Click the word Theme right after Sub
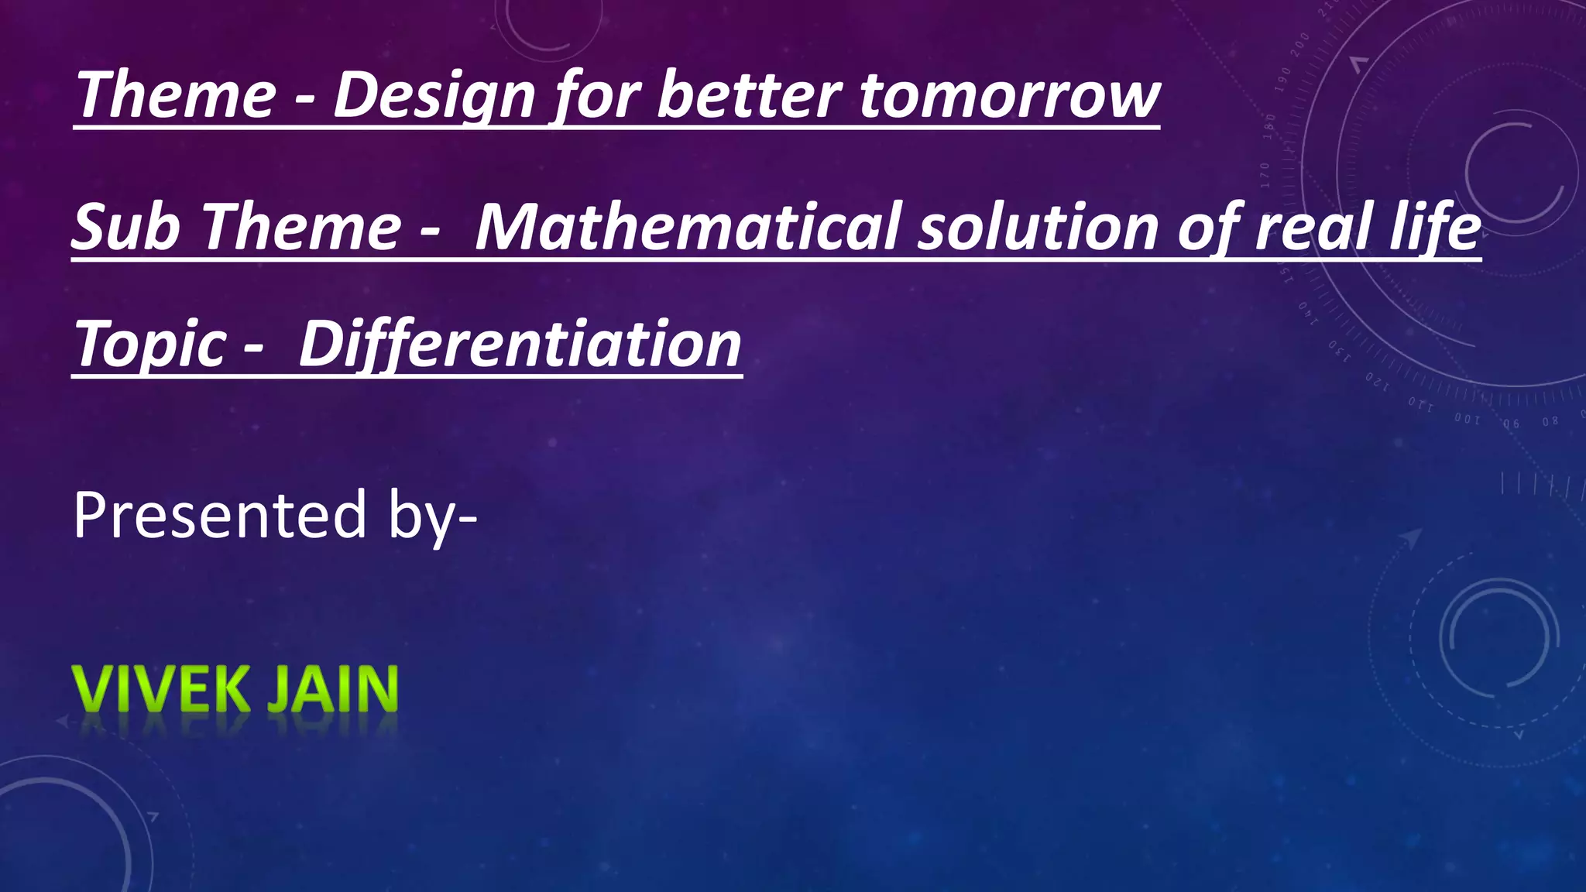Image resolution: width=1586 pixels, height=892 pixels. pyautogui.click(x=302, y=228)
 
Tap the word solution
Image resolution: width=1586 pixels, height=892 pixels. pyautogui.click(x=1038, y=228)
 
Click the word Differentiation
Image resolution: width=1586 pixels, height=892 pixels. pyautogui.click(x=520, y=345)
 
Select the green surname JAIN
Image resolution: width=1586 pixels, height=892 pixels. pyautogui.click(x=332, y=688)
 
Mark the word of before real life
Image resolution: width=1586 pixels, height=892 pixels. pyautogui.click(x=1208, y=228)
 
